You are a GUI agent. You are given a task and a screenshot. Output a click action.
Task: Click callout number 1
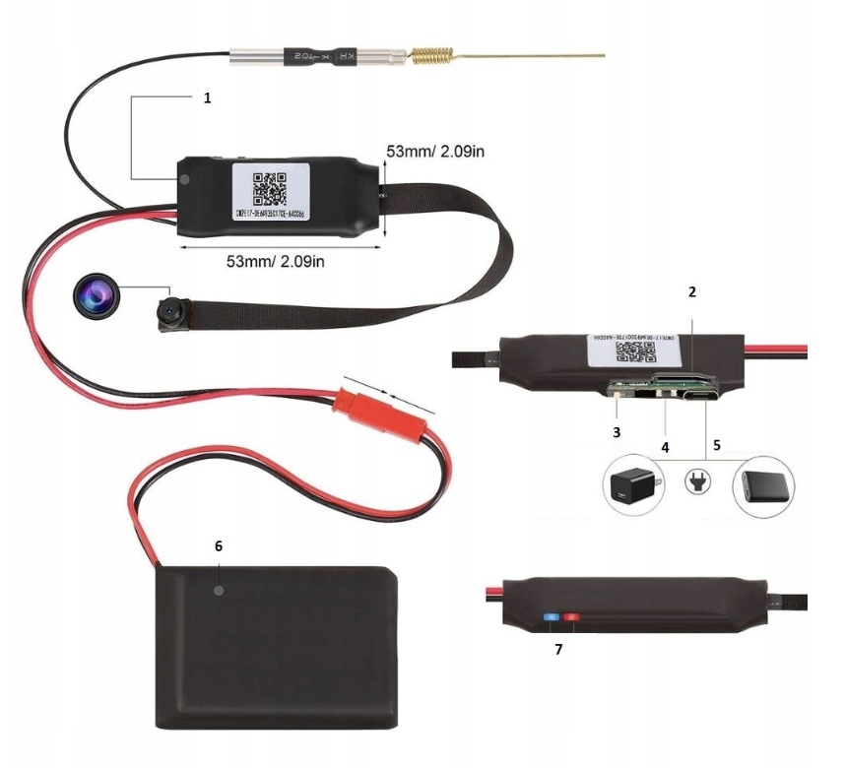click(x=207, y=99)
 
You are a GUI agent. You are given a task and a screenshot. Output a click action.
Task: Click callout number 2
click(x=691, y=292)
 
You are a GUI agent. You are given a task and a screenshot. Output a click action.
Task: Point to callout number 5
click(x=717, y=445)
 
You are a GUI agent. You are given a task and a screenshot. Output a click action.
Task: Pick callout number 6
click(x=218, y=544)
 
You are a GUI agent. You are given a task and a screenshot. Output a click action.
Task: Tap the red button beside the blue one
click(x=569, y=620)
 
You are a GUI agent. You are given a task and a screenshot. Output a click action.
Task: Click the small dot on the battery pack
click(x=218, y=591)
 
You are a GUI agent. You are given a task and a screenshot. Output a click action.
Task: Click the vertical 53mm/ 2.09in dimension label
click(x=434, y=153)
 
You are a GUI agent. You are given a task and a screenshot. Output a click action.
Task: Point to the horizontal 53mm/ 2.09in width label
click(x=275, y=261)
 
